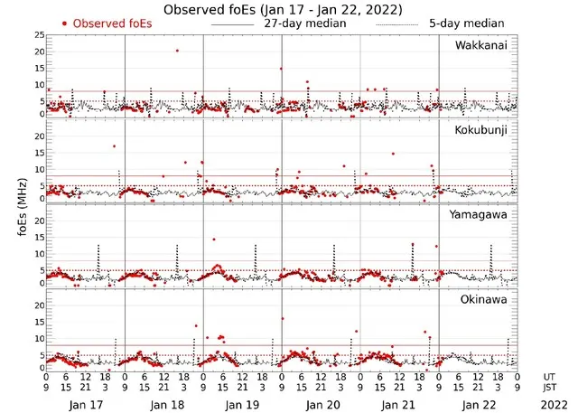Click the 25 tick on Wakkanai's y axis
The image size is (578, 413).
(x=38, y=34)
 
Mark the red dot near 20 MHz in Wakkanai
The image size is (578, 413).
(x=177, y=51)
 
